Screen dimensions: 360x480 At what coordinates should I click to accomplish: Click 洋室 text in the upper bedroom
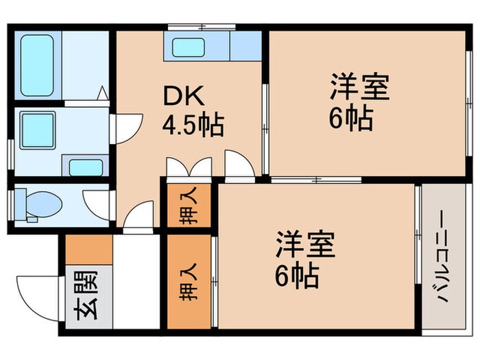point(359,88)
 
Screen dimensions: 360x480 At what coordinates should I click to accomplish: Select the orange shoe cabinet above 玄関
point(89,250)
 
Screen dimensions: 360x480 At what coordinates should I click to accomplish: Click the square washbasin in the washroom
point(37,130)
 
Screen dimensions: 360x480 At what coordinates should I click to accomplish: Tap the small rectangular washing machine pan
point(86,166)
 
